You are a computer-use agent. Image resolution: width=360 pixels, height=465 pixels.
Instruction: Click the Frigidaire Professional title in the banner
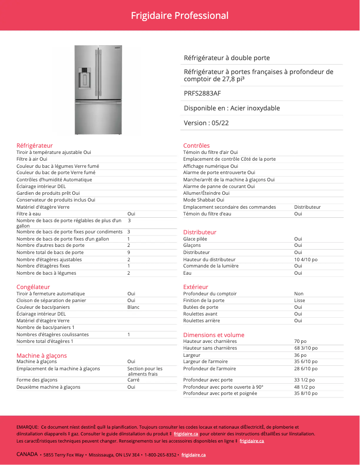pyautogui.click(x=180, y=16)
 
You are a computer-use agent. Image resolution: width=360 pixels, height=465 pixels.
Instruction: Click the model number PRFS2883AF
pyautogui.click(x=202, y=93)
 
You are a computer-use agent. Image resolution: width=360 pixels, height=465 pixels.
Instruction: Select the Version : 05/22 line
pyautogui.click(x=206, y=123)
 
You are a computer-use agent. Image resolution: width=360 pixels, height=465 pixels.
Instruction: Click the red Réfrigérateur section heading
pyautogui.click(x=35, y=145)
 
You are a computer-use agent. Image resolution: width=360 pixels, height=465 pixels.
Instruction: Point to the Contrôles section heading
pyautogui.click(x=196, y=145)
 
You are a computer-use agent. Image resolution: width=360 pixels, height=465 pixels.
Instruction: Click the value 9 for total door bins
pyautogui.click(x=129, y=252)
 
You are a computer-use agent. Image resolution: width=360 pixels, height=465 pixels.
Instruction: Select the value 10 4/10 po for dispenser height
pyautogui.click(x=306, y=259)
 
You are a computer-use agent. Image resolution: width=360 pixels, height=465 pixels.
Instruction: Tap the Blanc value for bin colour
pyautogui.click(x=133, y=307)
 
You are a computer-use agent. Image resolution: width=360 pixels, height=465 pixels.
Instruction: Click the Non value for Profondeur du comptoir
pyautogui.click(x=299, y=294)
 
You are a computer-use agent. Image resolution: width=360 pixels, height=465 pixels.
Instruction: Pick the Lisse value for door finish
pyautogui.click(x=299, y=300)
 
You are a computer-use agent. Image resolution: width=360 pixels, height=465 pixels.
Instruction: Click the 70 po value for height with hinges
pyautogui.click(x=300, y=341)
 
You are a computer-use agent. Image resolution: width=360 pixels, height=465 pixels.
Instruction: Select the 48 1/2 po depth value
pyautogui.click(x=304, y=386)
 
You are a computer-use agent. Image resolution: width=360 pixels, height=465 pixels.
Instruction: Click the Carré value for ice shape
pyautogui.click(x=133, y=380)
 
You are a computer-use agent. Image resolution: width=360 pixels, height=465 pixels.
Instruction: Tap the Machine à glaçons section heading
pyautogui.click(x=41, y=355)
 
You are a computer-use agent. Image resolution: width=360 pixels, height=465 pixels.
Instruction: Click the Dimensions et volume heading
pyautogui.click(x=214, y=335)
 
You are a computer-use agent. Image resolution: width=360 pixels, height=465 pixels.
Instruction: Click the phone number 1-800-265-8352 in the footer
pyautogui.click(x=160, y=455)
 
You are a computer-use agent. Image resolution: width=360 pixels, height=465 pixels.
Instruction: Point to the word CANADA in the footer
pyautogui.click(x=27, y=454)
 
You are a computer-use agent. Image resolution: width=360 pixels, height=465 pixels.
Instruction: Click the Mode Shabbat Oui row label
pyautogui.click(x=204, y=200)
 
